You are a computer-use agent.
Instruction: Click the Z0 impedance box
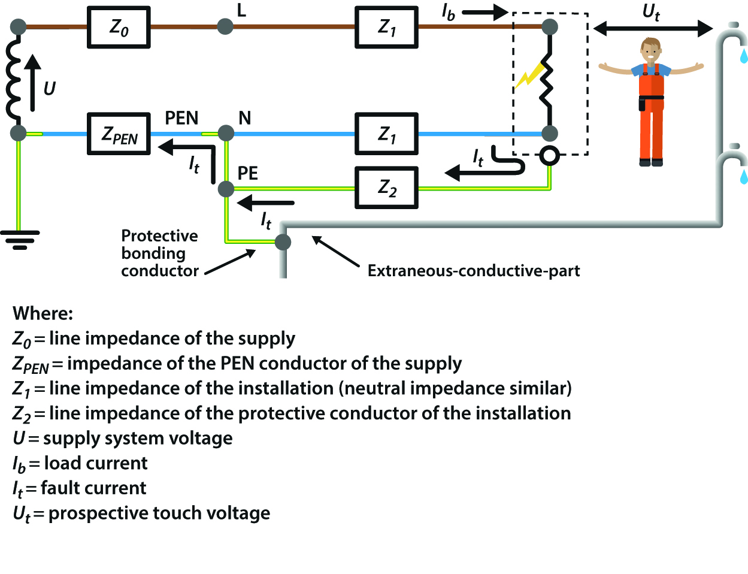[x=119, y=28]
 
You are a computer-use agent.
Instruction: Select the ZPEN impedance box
[x=119, y=134]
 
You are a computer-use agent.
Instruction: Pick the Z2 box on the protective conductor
[x=386, y=188]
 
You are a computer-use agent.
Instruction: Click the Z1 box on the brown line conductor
[x=386, y=28]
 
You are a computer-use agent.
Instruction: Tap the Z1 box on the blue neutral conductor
[x=386, y=134]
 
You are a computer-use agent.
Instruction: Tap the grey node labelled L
[x=225, y=26]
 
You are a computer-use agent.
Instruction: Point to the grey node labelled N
[x=226, y=132]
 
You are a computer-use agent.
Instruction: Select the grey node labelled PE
[x=226, y=189]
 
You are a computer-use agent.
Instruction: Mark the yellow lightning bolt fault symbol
[x=531, y=75]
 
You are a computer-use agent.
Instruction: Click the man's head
[x=650, y=50]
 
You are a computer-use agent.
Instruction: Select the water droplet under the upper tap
[x=743, y=56]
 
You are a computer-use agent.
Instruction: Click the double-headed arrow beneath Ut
[x=653, y=28]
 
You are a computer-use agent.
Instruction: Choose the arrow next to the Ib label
[x=485, y=12]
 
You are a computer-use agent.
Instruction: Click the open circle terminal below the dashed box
[x=549, y=156]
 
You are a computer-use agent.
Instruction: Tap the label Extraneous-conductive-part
[x=473, y=271]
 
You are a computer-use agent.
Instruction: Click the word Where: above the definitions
[x=43, y=313]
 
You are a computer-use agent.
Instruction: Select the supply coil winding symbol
[x=13, y=80]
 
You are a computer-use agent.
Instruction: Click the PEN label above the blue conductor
[x=181, y=118]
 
